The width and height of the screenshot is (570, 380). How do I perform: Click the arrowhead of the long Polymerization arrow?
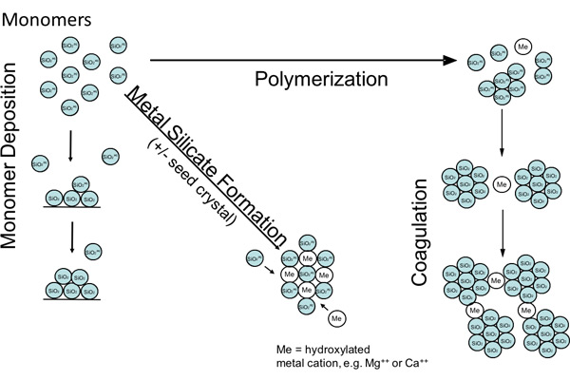450,60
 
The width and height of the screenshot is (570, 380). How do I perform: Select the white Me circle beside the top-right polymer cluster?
521,45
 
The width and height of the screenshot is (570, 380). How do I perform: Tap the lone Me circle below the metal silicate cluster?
337,316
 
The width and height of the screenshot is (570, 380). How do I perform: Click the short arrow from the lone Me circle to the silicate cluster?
325,304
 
